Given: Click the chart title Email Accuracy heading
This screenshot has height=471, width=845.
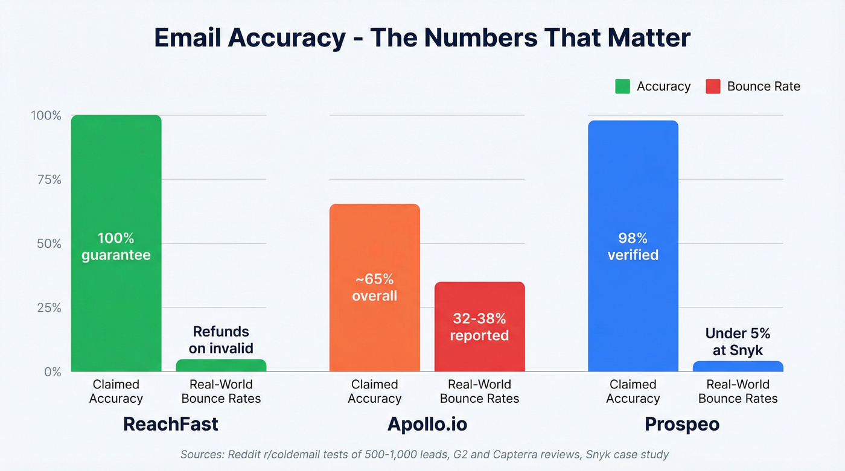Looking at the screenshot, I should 422,37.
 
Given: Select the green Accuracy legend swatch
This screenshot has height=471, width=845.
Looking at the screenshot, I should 622,86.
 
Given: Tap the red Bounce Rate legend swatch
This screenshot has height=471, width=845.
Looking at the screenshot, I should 713,86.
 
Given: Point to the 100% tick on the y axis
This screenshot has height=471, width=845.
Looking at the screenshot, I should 46,115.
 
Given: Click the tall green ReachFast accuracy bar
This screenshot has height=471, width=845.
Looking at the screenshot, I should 116,181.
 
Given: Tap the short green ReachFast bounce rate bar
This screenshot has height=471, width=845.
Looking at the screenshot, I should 221,365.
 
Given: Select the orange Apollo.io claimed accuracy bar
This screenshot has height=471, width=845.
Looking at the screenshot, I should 374,241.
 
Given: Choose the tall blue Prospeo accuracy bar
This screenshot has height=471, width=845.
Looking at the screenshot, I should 633,181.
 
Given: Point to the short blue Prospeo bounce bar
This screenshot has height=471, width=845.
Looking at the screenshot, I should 738,366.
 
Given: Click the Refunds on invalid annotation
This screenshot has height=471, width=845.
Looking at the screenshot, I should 221,340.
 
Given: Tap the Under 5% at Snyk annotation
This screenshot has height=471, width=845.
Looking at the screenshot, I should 738,341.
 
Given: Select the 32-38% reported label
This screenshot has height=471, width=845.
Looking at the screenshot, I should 479,327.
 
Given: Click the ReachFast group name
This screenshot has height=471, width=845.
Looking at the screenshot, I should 170,424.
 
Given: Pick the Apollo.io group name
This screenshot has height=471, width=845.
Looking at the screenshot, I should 427,424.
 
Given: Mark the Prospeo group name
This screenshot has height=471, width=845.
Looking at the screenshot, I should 682,424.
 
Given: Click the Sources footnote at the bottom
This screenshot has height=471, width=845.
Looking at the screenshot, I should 424,454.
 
